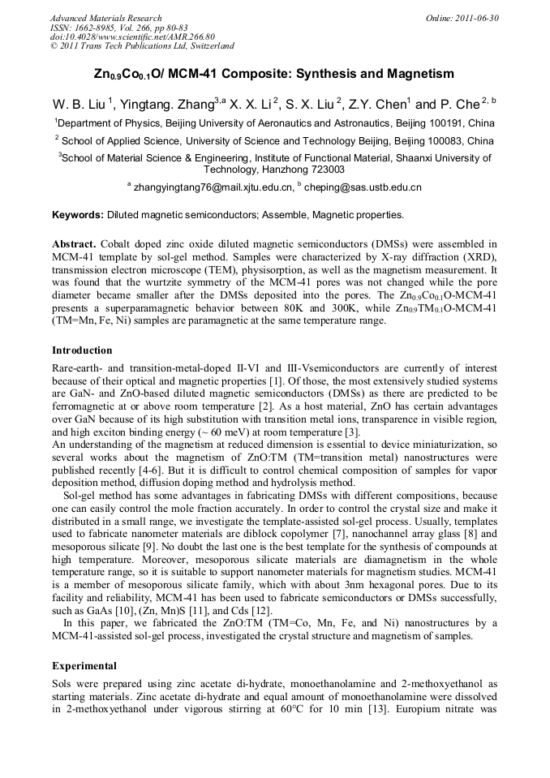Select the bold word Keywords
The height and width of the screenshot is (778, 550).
(77, 215)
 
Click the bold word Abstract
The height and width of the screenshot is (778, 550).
(74, 244)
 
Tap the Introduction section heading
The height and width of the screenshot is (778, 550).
(82, 350)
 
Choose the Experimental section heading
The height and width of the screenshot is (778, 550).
(84, 665)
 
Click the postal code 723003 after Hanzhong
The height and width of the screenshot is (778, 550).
(322, 170)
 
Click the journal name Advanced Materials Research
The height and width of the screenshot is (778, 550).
(105, 18)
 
